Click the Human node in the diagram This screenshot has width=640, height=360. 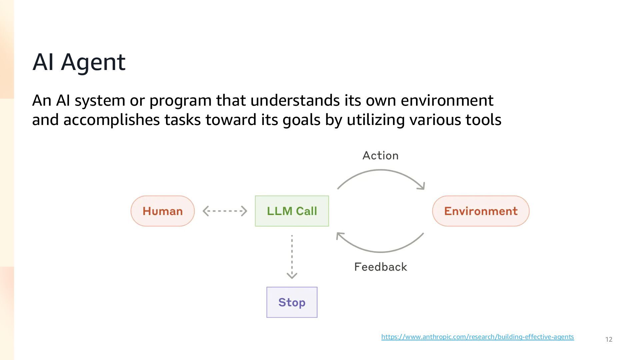(x=163, y=211)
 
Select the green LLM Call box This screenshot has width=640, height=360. (x=292, y=211)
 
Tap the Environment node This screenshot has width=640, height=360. (x=481, y=211)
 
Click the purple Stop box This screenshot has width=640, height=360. (x=292, y=302)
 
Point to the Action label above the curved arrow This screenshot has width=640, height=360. (x=380, y=156)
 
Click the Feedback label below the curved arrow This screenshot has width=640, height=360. (x=381, y=267)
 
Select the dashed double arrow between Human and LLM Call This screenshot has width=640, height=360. (x=225, y=211)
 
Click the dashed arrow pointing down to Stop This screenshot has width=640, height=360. (x=292, y=257)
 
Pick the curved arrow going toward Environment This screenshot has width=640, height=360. (x=380, y=170)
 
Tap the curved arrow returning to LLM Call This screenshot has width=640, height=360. (x=380, y=252)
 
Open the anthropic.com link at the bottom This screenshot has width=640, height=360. (x=478, y=337)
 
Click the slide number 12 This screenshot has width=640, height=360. (x=609, y=339)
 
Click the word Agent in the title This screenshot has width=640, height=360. (x=93, y=62)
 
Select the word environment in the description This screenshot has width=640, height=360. (x=447, y=100)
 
